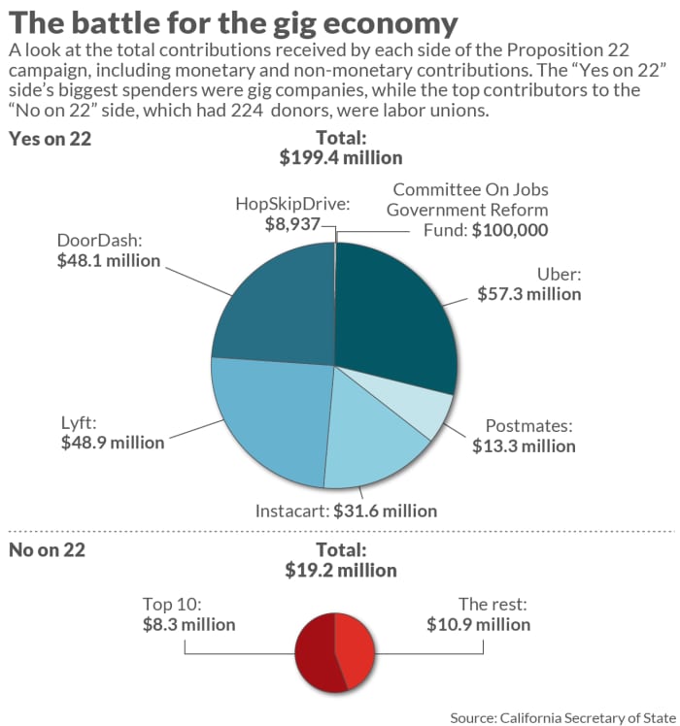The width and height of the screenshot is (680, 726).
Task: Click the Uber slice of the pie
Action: click(x=398, y=306)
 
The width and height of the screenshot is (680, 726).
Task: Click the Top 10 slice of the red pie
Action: click(x=317, y=650)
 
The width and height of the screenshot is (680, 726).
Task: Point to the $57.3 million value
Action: click(x=529, y=293)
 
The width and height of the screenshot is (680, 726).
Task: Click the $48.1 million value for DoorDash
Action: click(x=109, y=261)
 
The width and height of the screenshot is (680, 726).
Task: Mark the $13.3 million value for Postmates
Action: click(x=524, y=445)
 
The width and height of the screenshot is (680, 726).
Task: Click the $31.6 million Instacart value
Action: click(x=386, y=511)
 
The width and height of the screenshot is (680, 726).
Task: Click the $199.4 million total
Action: click(x=340, y=157)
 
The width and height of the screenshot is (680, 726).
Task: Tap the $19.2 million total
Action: click(x=340, y=570)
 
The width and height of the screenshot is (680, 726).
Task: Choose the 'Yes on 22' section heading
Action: click(x=50, y=139)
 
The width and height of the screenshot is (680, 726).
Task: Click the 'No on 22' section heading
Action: click(x=47, y=550)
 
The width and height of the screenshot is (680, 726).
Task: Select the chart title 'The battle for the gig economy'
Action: click(x=234, y=22)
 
